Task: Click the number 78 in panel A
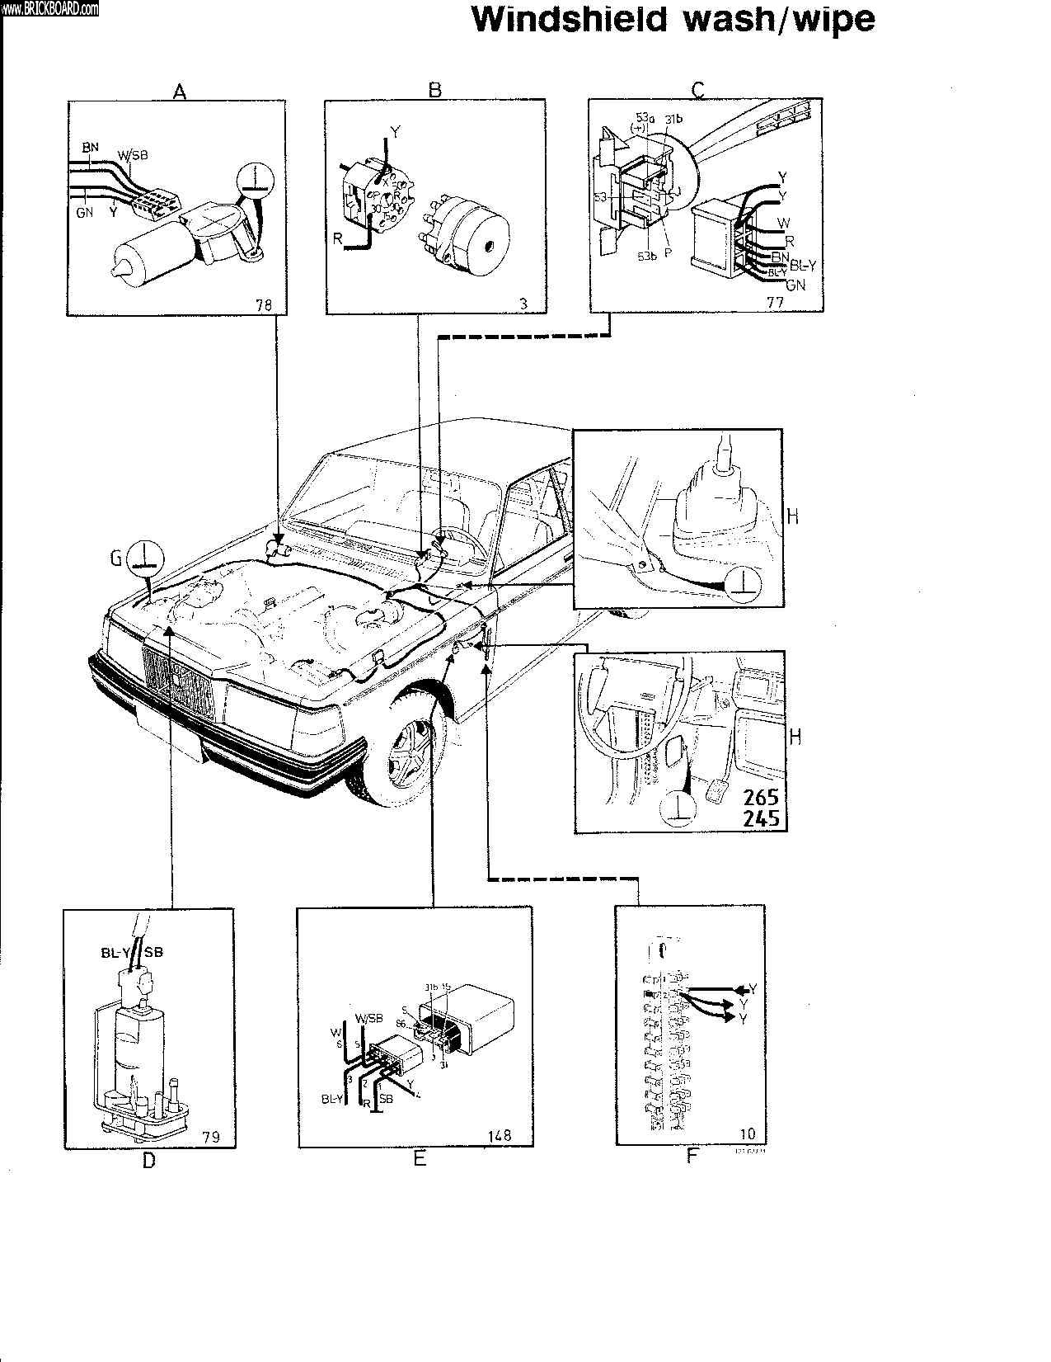coord(264,304)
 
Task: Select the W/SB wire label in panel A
coord(133,154)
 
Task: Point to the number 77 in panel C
coord(775,302)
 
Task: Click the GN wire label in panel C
coord(795,285)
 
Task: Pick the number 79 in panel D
coord(211,1138)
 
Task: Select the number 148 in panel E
coord(500,1135)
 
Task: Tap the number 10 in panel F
coord(748,1133)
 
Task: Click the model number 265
coord(761,799)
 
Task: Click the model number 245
coord(761,819)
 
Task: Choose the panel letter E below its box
coord(420,1159)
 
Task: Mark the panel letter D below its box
coord(148,1161)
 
